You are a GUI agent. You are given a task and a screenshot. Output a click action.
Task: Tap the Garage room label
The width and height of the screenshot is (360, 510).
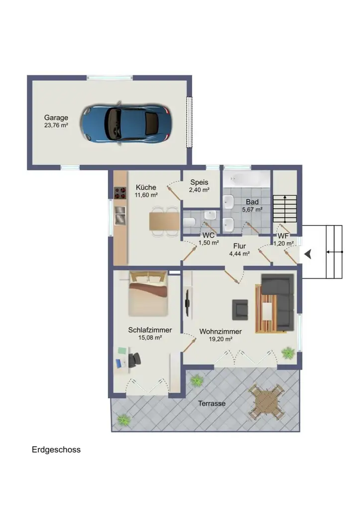point(56,118)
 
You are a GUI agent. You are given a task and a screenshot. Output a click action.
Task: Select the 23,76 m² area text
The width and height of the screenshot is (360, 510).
point(56,125)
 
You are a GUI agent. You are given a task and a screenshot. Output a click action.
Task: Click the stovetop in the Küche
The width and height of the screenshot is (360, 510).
point(120,193)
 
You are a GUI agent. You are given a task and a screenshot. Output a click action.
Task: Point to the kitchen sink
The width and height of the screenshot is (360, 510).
point(120,215)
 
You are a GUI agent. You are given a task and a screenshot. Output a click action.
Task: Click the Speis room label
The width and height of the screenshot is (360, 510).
point(199,182)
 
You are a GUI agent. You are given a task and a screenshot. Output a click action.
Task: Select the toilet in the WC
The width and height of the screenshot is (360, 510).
point(189,222)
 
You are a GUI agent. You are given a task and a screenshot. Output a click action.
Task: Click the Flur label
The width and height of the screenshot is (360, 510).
point(240,246)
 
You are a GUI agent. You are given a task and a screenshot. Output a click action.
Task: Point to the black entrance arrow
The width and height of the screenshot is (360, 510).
point(308,254)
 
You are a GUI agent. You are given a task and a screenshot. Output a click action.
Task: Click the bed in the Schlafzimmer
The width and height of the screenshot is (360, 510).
point(148,294)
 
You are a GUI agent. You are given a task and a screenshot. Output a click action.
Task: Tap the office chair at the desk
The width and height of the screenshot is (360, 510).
point(134,360)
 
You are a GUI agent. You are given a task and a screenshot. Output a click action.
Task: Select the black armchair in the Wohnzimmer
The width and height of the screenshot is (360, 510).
point(240,310)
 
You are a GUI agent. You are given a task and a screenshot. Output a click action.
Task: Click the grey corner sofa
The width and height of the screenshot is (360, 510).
point(278,300)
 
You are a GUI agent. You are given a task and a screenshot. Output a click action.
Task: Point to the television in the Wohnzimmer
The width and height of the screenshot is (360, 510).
point(187,303)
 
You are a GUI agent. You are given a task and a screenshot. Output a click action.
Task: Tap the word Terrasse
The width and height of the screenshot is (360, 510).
point(212,403)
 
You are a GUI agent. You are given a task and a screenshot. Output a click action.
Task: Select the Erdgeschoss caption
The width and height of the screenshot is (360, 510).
point(56,450)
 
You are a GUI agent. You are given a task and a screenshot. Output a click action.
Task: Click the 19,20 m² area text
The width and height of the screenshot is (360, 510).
point(221,339)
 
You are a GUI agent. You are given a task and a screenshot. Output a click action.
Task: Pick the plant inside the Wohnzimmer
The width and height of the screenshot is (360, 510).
point(288,353)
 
